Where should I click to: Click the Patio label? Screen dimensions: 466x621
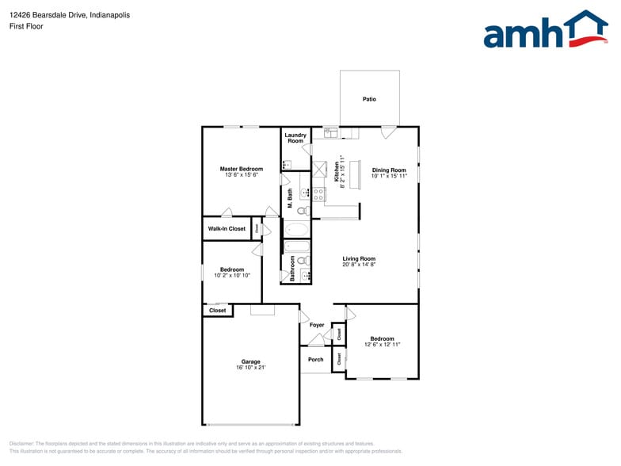369,99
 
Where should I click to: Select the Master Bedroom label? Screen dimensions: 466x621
241,169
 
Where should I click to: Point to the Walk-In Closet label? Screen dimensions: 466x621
227,229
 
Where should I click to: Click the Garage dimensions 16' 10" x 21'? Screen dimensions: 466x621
250,368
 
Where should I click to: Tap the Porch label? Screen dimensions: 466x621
316,359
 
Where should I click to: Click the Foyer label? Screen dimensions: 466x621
317,325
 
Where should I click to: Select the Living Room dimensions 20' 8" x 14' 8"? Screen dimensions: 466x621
359,265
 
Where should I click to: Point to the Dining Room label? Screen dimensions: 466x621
389,170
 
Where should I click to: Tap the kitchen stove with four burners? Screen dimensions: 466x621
318,193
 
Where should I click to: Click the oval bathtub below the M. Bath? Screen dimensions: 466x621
297,231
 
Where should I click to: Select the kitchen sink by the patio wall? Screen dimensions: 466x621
331,132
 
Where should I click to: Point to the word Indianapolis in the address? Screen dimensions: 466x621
110,15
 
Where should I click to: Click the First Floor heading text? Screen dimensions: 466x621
27,26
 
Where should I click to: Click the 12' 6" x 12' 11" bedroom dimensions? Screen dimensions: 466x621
383,345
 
